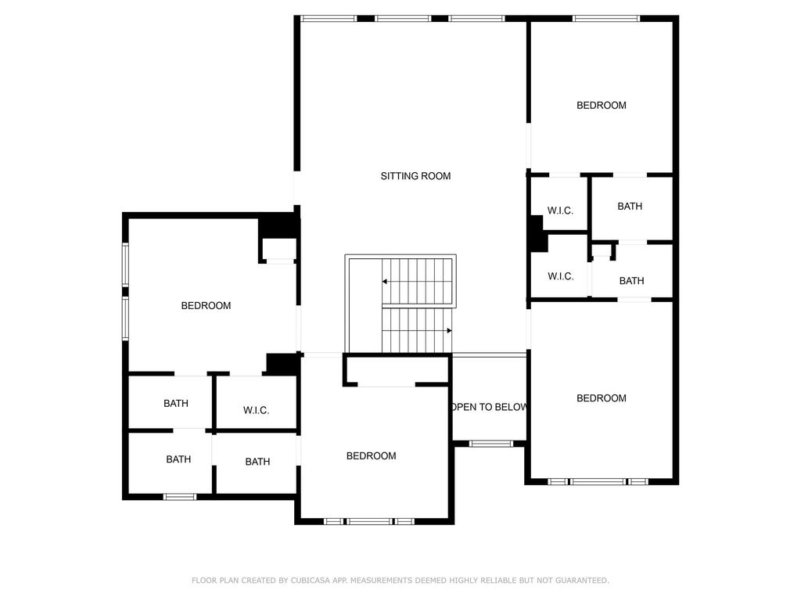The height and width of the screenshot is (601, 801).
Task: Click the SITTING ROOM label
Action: [415, 176]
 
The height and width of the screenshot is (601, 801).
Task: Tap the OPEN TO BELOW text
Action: [490, 407]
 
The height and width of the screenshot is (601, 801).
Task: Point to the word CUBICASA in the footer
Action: [310, 581]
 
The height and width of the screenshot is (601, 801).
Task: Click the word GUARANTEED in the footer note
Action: [582, 581]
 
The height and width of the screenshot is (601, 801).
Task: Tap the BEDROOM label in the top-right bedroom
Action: [602, 106]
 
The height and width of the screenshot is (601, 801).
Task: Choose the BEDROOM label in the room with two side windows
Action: [206, 306]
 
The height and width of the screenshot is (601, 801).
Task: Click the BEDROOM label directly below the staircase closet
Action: [371, 456]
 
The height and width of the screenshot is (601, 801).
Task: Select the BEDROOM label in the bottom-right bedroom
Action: [602, 398]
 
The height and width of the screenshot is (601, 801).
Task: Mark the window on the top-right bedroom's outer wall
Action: [606, 19]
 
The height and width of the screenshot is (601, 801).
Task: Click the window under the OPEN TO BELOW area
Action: [490, 444]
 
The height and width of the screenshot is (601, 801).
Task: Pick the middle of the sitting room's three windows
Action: [403, 19]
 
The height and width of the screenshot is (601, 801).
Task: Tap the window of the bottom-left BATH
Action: [179, 497]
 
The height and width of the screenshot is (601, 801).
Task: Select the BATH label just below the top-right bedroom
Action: [630, 207]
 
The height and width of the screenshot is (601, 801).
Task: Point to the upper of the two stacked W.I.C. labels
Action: [560, 211]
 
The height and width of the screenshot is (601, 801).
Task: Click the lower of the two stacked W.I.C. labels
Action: [560, 277]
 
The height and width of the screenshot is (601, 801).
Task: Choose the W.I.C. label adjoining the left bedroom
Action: [256, 411]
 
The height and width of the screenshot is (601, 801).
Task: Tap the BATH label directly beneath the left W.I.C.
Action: [257, 462]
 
